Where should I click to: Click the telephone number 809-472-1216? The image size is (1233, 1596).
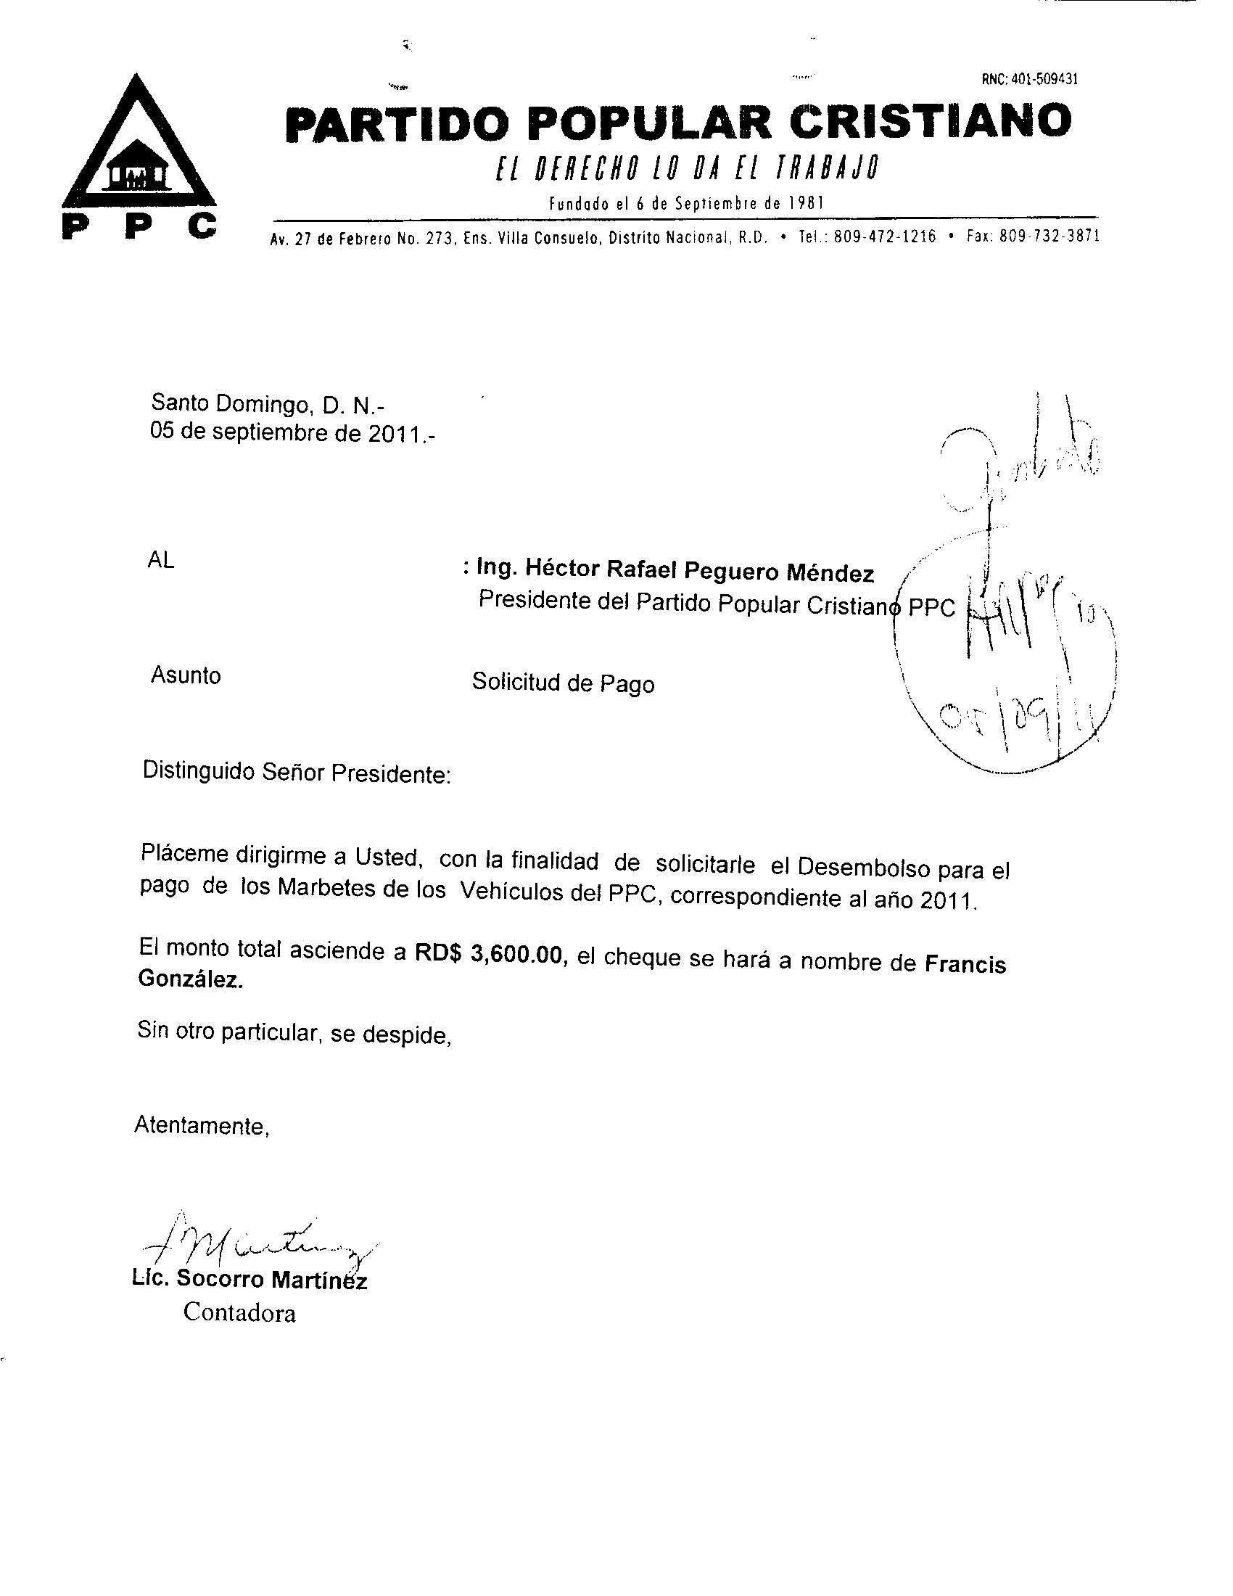(x=884, y=236)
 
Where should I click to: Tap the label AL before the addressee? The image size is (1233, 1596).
(x=161, y=561)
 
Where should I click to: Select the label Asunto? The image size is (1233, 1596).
(x=186, y=675)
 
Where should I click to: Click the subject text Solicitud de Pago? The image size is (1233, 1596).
(x=562, y=683)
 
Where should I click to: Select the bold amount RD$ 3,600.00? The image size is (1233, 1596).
(x=492, y=954)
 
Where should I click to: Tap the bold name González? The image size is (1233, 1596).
(x=190, y=981)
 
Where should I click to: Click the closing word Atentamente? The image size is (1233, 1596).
(x=202, y=1125)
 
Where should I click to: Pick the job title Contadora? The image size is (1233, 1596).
(x=239, y=1312)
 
